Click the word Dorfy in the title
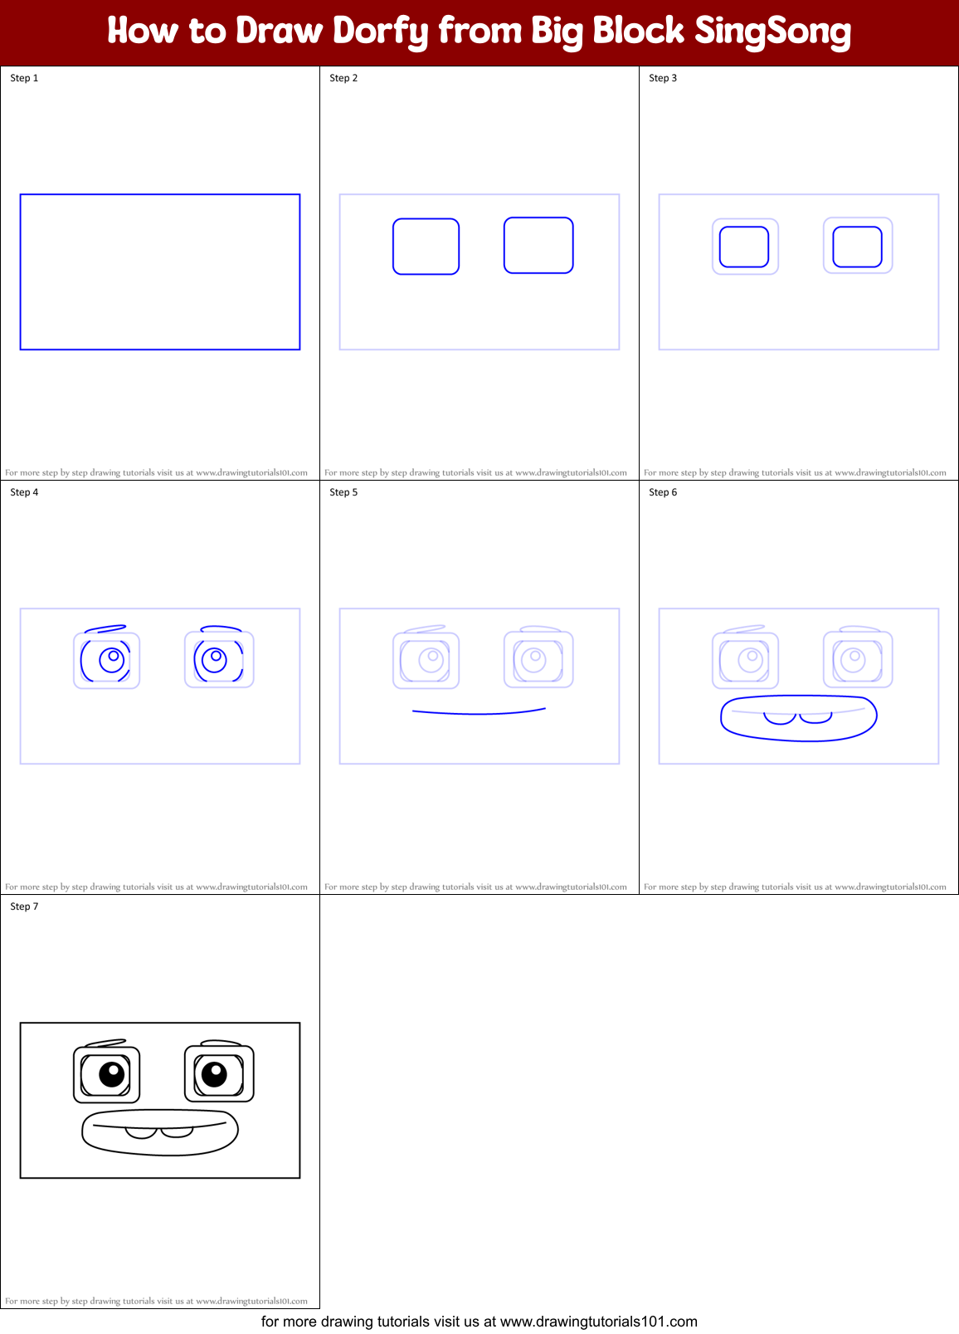(380, 32)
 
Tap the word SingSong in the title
(772, 32)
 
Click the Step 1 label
(24, 78)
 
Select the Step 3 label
(663, 78)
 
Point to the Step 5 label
(343, 492)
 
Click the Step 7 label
(24, 906)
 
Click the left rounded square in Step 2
(426, 247)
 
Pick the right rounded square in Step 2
(538, 245)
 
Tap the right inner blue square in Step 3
(857, 247)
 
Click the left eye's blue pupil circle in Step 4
(111, 660)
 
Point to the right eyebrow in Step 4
(221, 628)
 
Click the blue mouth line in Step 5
(479, 712)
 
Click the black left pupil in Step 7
(111, 1074)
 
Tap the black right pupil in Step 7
(214, 1074)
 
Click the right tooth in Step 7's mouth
(177, 1131)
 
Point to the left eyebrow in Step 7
(105, 1043)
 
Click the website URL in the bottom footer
(598, 1322)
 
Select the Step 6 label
(663, 492)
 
